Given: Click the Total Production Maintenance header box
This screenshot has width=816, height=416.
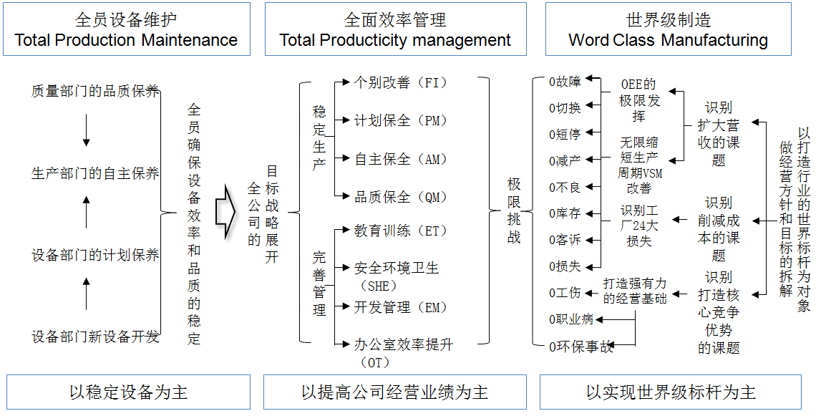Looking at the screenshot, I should click(126, 29).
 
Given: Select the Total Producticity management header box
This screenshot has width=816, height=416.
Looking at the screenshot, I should click(395, 29).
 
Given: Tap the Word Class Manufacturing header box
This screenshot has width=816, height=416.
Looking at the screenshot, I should click(669, 29).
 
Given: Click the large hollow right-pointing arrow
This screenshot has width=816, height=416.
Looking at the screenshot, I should click(225, 213).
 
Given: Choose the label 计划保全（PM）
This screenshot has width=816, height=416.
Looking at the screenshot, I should click(401, 120).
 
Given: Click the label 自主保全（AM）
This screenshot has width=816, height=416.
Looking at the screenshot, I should click(401, 159).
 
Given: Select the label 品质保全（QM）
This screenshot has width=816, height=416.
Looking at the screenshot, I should click(401, 196).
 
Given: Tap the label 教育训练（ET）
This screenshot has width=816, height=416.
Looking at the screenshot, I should click(401, 231).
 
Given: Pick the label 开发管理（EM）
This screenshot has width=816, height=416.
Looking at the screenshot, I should click(401, 307).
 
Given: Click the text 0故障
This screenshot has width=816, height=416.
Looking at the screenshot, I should click(565, 82).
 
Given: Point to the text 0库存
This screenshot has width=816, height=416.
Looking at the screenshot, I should click(565, 213).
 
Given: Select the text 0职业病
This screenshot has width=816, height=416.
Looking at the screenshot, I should click(571, 319).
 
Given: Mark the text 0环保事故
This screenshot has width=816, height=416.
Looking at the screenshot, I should click(581, 347).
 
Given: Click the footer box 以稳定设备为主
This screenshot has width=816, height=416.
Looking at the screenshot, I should click(129, 392).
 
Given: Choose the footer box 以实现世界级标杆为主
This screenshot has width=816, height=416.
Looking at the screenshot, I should click(671, 392).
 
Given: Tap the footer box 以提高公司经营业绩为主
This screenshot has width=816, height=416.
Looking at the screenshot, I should click(395, 392).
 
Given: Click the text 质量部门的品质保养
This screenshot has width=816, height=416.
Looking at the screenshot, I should click(95, 92).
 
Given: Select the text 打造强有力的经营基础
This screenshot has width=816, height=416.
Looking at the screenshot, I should click(635, 291).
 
